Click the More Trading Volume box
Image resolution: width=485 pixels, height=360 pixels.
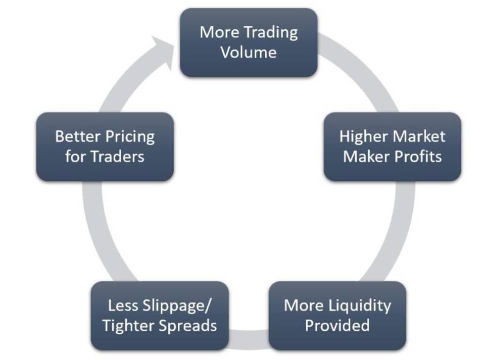tap(249, 42)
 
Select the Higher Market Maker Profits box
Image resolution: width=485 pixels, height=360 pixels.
tap(392, 146)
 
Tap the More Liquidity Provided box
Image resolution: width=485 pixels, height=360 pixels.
tap(337, 316)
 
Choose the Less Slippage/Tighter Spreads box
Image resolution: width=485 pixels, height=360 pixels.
tap(160, 316)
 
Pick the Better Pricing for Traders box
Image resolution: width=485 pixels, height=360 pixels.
tap(105, 146)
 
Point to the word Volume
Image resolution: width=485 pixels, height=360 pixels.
tap(249, 53)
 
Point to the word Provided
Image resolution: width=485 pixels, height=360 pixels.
tap(337, 326)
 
